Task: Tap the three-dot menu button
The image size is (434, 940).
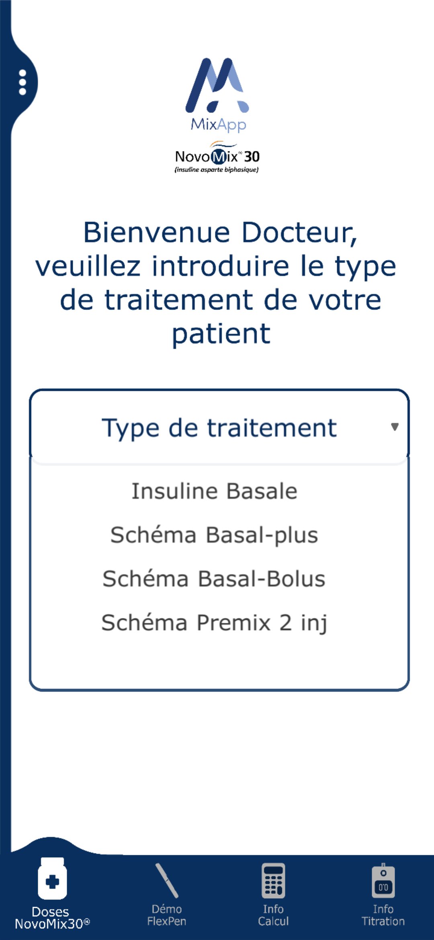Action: [x=23, y=82]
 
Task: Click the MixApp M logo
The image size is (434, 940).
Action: [x=217, y=85]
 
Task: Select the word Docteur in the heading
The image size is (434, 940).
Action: [x=299, y=233]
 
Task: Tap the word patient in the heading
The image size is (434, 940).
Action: [x=221, y=334]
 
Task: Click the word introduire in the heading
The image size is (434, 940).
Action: [x=221, y=266]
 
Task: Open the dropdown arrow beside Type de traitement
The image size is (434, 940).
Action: [x=395, y=427]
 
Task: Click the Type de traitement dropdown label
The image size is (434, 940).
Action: [x=219, y=428]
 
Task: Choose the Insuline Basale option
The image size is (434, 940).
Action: [x=215, y=491]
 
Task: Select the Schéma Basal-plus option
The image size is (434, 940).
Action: [x=214, y=535]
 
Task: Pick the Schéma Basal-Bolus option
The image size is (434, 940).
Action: [x=214, y=579]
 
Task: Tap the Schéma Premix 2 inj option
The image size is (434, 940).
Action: [x=214, y=623]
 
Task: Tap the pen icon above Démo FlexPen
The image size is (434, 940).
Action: [x=167, y=880]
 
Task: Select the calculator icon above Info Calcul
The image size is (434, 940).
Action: [x=273, y=881]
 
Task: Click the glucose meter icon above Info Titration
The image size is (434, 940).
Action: [x=383, y=880]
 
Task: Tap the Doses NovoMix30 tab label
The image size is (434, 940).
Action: [x=52, y=918]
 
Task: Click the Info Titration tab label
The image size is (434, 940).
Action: [x=383, y=915]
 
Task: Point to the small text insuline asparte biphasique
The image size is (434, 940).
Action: [x=217, y=170]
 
